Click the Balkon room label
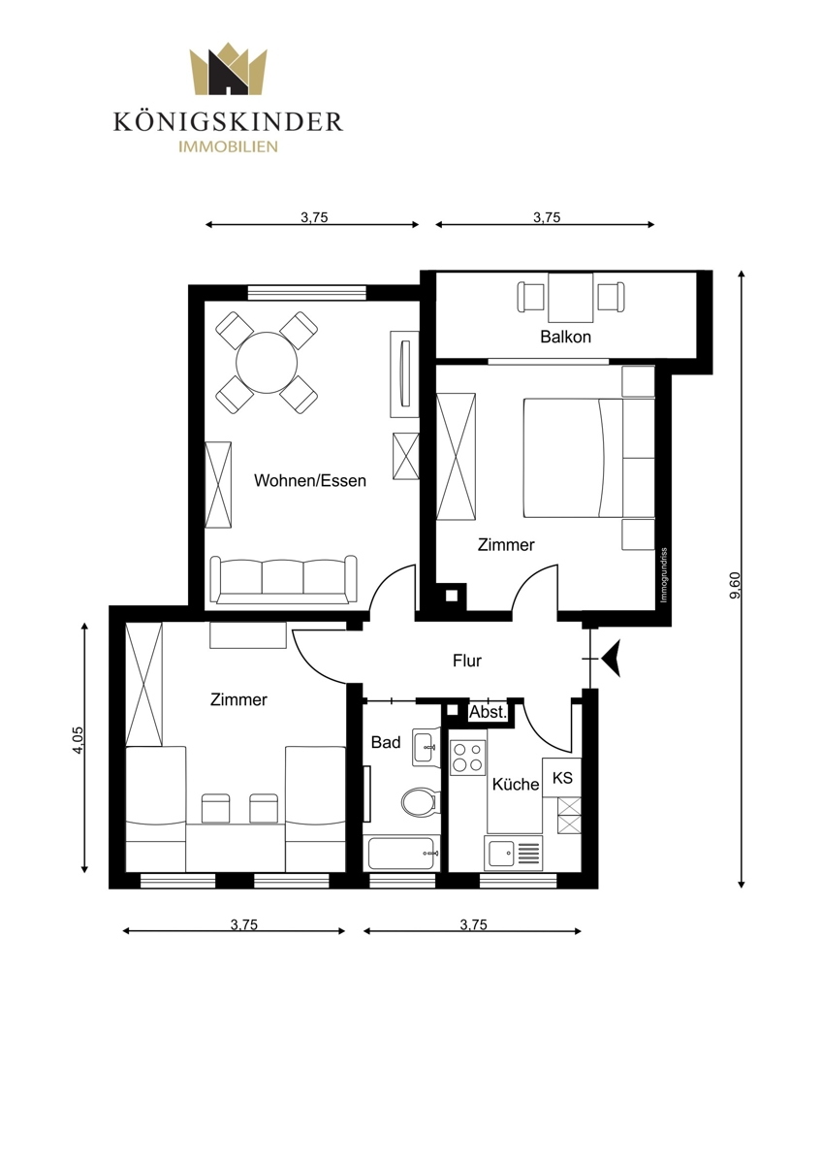[565, 337]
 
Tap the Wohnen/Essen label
[310, 481]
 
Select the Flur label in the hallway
[467, 661]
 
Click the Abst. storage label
[488, 712]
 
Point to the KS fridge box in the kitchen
[562, 778]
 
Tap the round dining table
[267, 363]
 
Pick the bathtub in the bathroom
[401, 853]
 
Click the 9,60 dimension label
[736, 585]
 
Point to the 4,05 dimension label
[78, 740]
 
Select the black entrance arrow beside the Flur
[612, 659]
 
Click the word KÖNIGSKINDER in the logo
[229, 122]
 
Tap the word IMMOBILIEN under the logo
[229, 146]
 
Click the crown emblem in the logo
[229, 69]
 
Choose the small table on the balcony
[571, 298]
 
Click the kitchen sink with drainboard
[513, 854]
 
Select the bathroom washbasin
[427, 747]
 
